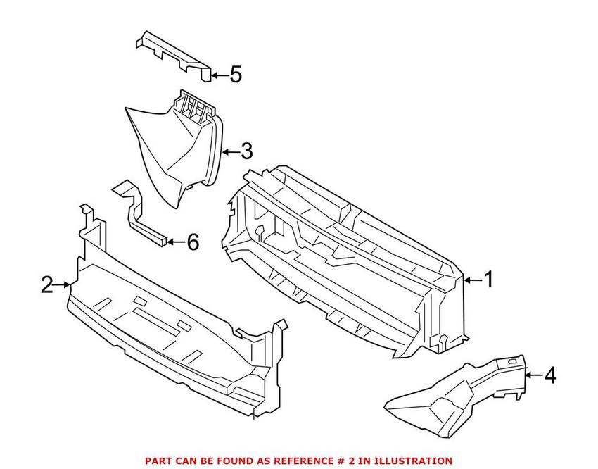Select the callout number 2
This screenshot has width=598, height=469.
(46, 285)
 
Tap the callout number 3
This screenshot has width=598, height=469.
(246, 151)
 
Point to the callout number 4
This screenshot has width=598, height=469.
(549, 376)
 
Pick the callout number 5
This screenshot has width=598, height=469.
(235, 74)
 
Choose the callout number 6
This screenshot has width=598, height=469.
(192, 242)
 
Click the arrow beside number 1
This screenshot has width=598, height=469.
(473, 280)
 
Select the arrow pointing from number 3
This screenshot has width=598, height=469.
(230, 151)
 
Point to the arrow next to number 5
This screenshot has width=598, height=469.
(219, 74)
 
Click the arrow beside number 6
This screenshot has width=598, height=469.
(176, 242)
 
